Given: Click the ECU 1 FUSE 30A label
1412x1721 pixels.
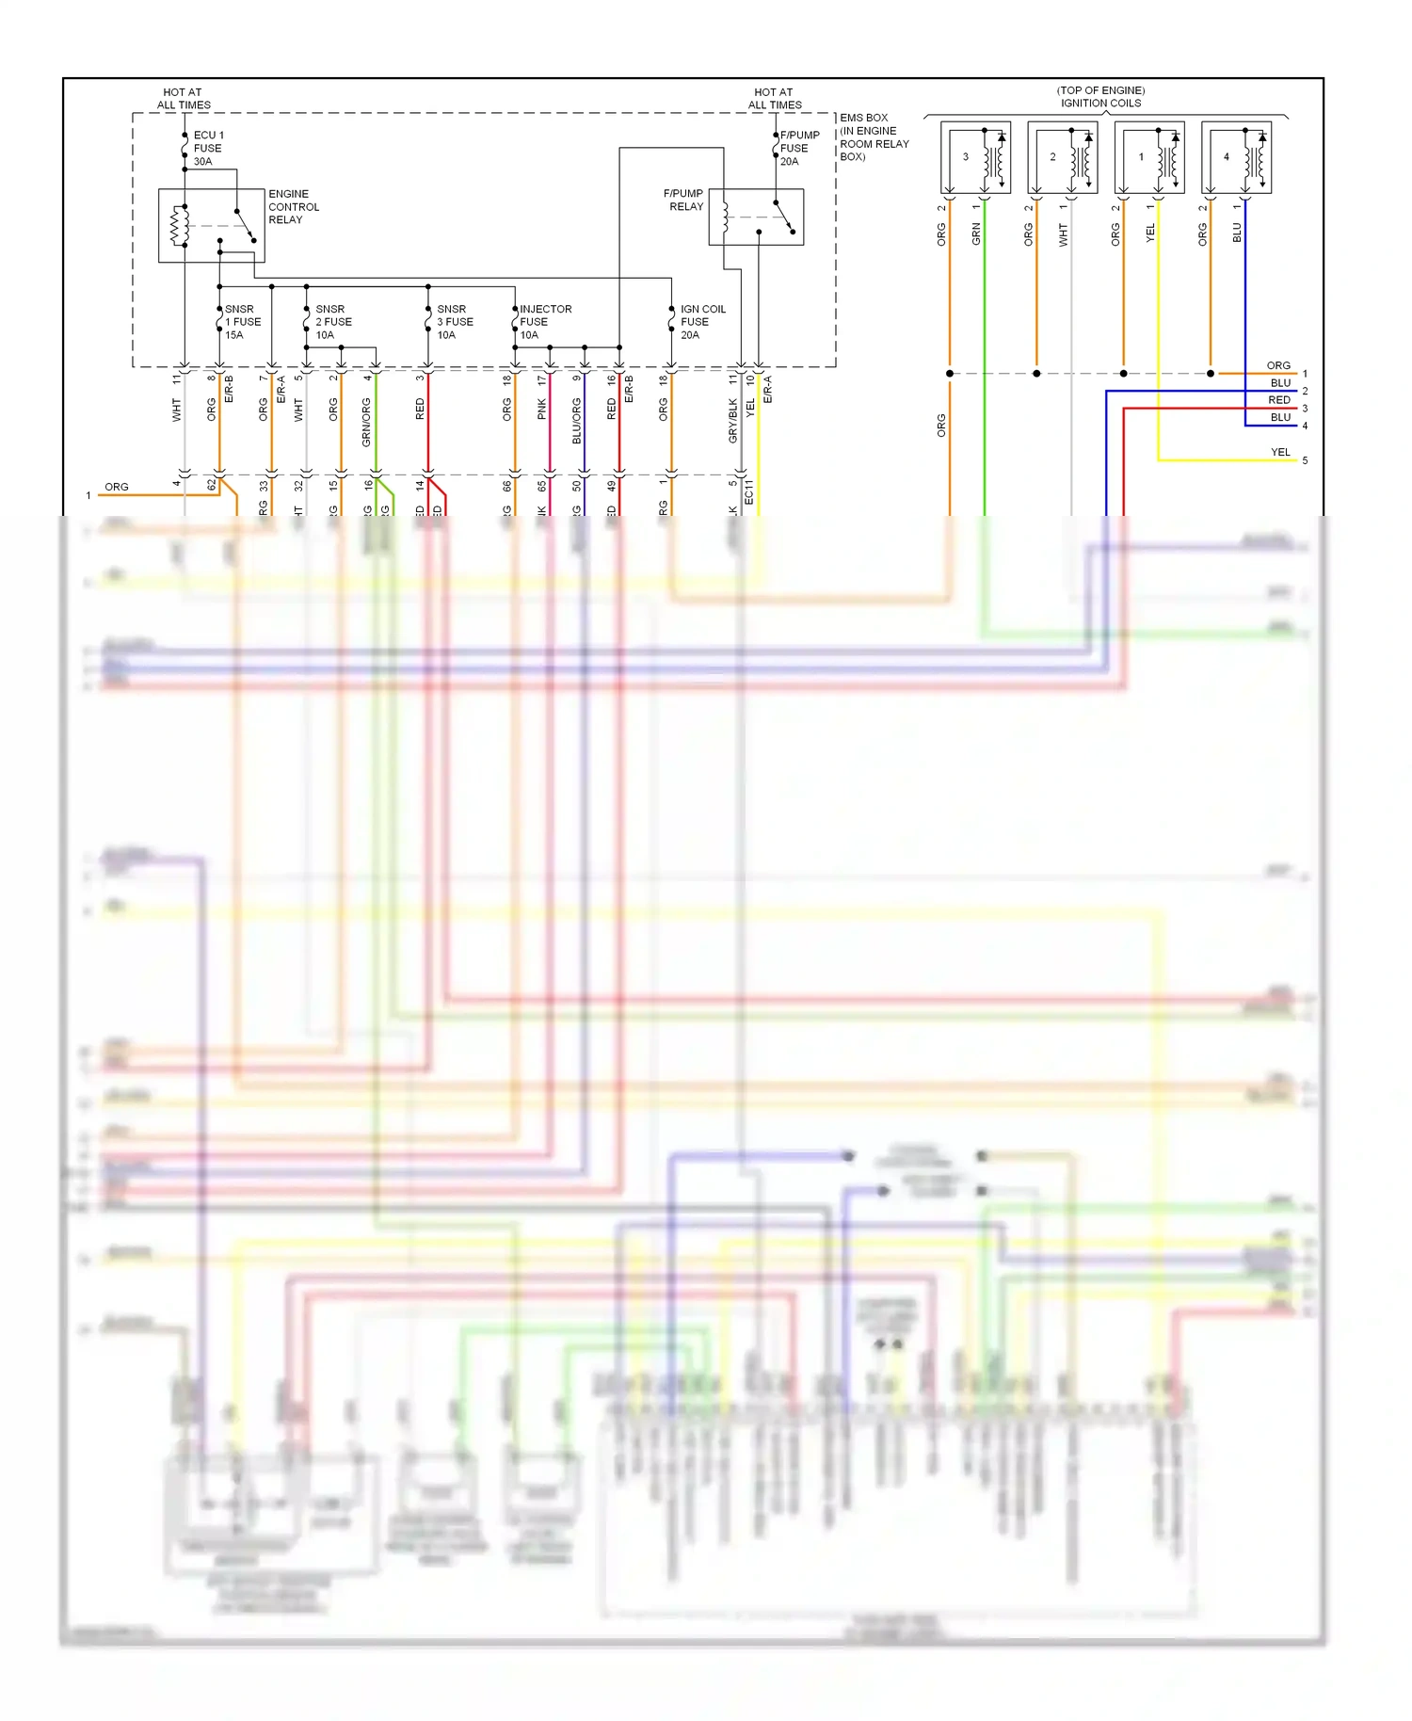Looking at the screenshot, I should pos(208,148).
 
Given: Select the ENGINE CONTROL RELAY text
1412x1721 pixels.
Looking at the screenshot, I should pos(293,206).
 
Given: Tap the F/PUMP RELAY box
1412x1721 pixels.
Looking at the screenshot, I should pos(756,217).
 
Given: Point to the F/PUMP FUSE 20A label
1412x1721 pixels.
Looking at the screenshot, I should pos(799,148).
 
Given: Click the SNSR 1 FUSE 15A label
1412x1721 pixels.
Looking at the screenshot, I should pos(242,322).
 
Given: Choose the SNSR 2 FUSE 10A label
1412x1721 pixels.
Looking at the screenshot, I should pos(333,322).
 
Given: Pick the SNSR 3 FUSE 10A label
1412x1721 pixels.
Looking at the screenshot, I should pos(455,322).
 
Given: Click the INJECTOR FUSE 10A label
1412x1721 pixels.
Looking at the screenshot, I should pos(545,322).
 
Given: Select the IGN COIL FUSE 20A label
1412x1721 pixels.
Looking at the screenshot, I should pos(702,322).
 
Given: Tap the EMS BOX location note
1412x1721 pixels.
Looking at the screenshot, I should pos(874,137).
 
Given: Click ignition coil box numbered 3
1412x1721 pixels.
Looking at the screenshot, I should pos(975,157).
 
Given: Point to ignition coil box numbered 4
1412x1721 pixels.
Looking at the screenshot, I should pos(1236,157).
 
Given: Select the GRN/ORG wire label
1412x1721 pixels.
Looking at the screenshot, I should pos(366,421).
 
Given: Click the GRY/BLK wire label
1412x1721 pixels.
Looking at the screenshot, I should pos(732,420).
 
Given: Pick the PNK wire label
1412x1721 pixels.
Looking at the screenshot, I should pos(541,409).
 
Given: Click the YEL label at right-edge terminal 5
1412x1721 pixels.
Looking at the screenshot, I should pos(1280,452).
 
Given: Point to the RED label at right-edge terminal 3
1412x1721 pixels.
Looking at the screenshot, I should pos(1279,400).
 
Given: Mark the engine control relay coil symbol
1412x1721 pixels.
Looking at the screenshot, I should pos(176,226).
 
